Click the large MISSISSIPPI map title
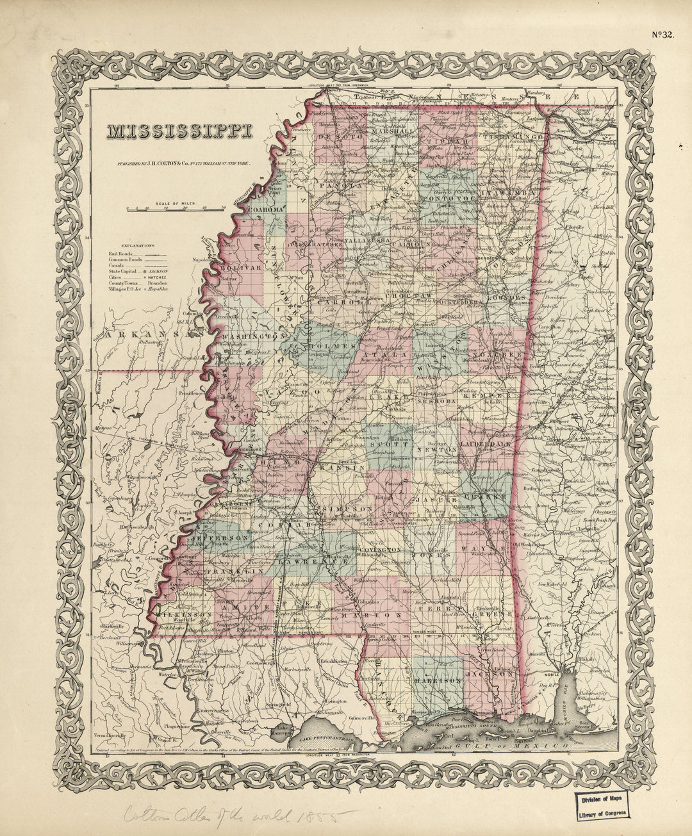click(179, 131)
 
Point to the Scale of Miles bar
click(176, 208)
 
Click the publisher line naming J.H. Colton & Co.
click(190, 164)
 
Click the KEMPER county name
click(492, 397)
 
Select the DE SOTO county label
click(340, 136)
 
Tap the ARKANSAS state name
click(152, 334)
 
